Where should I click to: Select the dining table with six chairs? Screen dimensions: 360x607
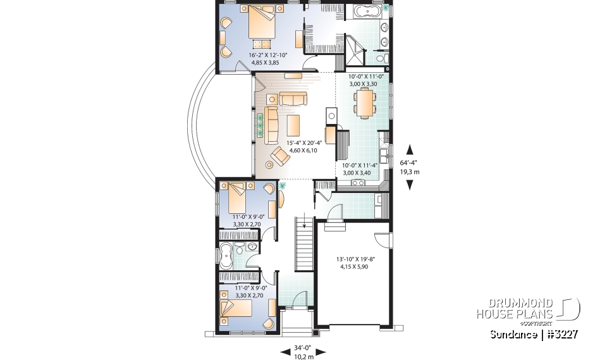click(x=364, y=103)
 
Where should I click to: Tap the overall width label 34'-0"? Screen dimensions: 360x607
click(x=302, y=347)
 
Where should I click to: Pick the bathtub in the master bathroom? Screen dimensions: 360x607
click(x=365, y=11)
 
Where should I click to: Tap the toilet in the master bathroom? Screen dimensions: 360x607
click(x=381, y=59)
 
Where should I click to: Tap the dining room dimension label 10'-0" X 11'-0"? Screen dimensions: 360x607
click(x=368, y=80)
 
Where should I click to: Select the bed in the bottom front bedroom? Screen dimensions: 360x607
click(x=236, y=308)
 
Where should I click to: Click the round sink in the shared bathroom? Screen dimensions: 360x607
click(x=252, y=247)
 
